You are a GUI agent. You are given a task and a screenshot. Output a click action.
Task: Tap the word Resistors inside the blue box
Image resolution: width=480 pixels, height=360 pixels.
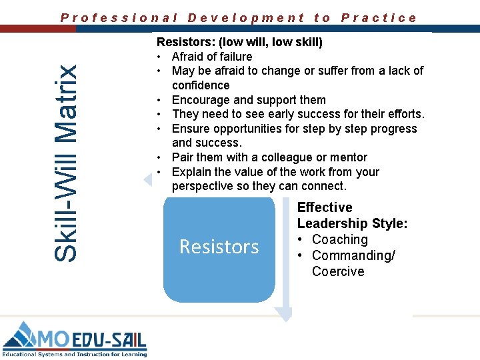coord(219,247)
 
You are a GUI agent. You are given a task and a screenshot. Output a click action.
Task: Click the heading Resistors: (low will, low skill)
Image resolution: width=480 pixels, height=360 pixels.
coord(239,42)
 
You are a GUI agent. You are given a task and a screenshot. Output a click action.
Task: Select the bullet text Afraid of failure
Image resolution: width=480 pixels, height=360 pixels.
coord(212,57)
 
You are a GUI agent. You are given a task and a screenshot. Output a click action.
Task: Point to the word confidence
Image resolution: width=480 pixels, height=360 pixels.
coord(201,85)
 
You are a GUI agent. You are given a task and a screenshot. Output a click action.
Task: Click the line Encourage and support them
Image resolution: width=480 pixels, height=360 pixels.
coord(249,100)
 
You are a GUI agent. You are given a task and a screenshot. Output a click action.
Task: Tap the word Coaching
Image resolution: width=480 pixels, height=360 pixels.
coord(340,239)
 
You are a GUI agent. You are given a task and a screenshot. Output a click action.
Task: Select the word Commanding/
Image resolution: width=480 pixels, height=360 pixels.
coord(353,255)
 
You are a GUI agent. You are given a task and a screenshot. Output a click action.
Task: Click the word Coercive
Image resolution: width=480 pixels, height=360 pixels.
coord(338,271)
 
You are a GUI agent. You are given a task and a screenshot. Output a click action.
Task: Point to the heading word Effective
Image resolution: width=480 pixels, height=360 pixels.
coord(325,207)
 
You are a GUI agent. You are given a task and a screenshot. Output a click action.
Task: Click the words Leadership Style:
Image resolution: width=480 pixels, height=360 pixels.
coord(352,223)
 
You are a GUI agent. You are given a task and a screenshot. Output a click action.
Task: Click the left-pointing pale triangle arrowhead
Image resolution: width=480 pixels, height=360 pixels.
coord(147,179)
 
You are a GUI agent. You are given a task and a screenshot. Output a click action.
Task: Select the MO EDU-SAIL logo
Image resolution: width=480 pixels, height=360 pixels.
coord(74,339)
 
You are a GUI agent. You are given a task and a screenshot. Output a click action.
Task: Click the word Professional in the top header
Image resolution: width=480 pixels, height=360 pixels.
coord(119,18)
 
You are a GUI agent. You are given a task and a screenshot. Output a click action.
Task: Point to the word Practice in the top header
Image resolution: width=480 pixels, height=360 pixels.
coord(379,18)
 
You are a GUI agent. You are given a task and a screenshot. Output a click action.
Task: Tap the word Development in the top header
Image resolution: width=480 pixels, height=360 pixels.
coord(246,18)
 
